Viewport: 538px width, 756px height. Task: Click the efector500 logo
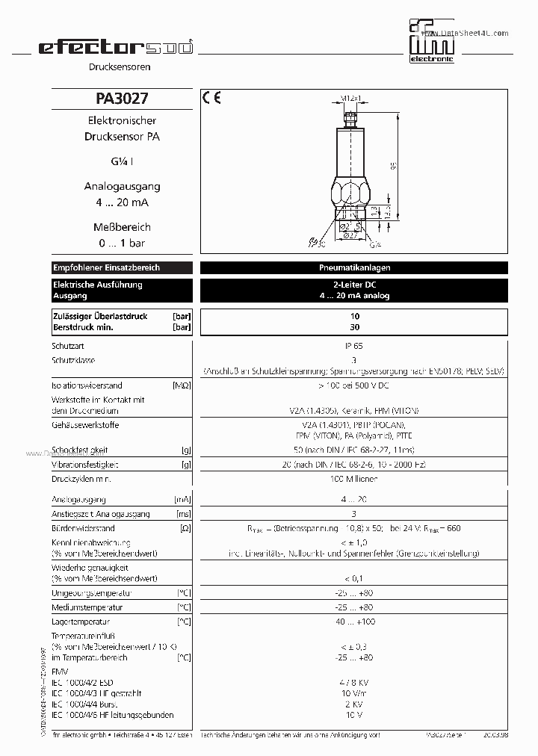[115, 48]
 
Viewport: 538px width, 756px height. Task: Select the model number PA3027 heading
[122, 99]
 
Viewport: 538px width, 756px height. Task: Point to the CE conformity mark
[212, 98]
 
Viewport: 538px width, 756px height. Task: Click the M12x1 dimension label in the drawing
[351, 98]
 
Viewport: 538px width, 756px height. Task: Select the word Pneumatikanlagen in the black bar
[354, 267]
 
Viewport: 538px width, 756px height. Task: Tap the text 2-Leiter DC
[354, 285]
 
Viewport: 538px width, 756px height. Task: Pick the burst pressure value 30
[354, 327]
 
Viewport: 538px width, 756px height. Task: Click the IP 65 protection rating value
[354, 346]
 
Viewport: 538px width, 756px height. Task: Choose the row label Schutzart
[69, 346]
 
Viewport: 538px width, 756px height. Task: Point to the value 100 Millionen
[354, 478]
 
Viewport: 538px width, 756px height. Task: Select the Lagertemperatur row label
[81, 622]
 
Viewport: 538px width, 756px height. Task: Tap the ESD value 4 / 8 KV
[354, 682]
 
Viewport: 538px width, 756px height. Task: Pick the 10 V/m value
[354, 693]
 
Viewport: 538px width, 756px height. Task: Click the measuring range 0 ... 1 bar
[122, 244]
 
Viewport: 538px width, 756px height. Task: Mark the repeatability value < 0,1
[354, 578]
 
